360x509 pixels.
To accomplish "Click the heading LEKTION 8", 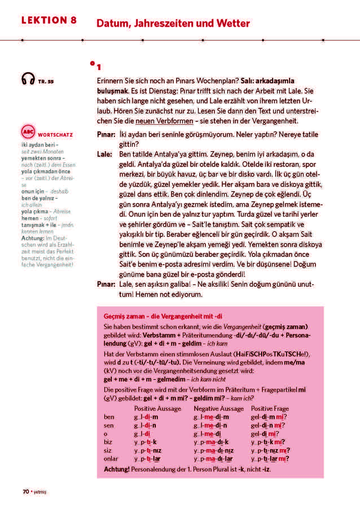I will click(49, 20).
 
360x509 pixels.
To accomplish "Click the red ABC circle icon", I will click(27, 132).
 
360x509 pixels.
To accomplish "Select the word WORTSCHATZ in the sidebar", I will click(55, 134).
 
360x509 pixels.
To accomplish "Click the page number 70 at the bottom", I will click(25, 492).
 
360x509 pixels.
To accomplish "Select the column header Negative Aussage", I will click(219, 408).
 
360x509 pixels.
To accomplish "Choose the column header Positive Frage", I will click(270, 408).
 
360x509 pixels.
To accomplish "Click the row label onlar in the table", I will click(111, 459).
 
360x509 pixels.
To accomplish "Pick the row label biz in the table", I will click(108, 442).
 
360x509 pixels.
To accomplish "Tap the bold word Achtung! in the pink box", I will click(116, 469).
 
